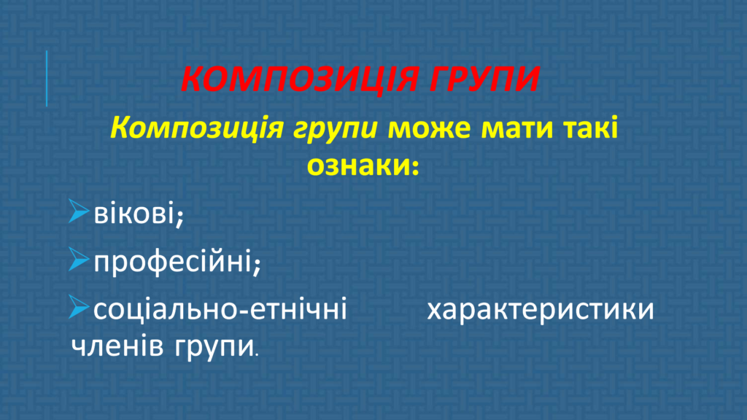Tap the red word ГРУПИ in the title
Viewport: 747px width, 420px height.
click(x=484, y=79)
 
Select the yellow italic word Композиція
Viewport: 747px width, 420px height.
click(x=197, y=128)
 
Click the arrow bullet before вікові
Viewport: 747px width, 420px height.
click(x=79, y=211)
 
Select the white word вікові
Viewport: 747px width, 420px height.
click(x=134, y=212)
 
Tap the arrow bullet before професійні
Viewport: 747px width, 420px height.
click(x=79, y=259)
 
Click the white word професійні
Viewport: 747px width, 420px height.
click(x=173, y=262)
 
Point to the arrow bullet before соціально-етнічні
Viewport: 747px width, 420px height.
click(x=79, y=307)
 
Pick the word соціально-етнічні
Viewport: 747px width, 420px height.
click(x=220, y=308)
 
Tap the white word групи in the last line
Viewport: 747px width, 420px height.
click(x=214, y=348)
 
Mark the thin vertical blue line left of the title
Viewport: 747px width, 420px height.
click(x=47, y=79)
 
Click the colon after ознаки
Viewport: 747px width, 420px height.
click(x=414, y=167)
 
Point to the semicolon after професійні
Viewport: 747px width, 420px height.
click(x=257, y=265)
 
